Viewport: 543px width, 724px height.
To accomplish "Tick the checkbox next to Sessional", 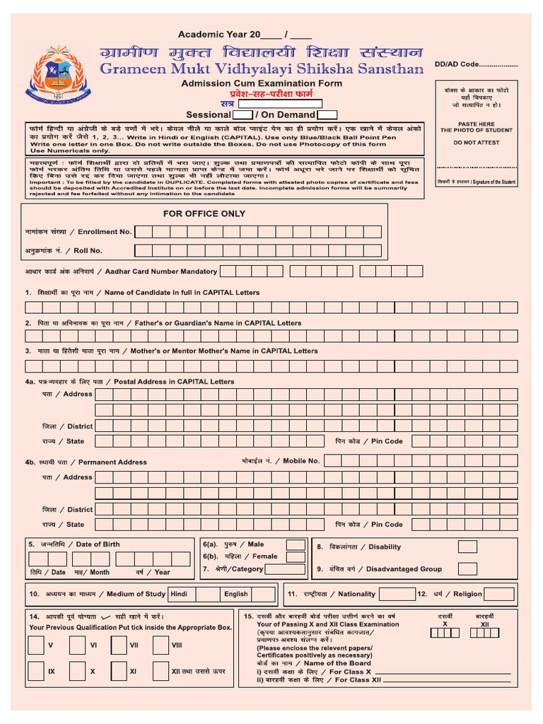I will tap(243, 115).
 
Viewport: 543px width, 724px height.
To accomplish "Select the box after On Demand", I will tap(327, 115).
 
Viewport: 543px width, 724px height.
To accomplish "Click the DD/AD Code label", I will tap(476, 64).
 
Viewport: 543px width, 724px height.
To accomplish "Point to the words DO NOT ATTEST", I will tap(476, 142).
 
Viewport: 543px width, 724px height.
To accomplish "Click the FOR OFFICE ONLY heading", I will tap(204, 214).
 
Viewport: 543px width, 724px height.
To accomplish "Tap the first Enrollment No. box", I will tap(143, 231).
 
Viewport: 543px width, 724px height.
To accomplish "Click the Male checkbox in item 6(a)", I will tap(296, 544).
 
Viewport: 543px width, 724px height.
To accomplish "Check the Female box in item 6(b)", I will tap(296, 556).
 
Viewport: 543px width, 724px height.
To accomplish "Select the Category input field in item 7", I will tap(285, 569).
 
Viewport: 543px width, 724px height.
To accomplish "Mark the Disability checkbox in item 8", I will tap(467, 547).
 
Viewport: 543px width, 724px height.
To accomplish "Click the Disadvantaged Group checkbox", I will tap(467, 568).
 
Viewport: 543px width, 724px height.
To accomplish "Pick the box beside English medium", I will tap(262, 595).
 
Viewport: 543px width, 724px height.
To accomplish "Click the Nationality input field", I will tap(397, 594).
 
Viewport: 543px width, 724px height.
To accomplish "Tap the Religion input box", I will tap(499, 594).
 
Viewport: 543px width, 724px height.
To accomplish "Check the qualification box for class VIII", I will tap(160, 646).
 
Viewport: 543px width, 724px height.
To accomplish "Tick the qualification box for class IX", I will tap(35, 670).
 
